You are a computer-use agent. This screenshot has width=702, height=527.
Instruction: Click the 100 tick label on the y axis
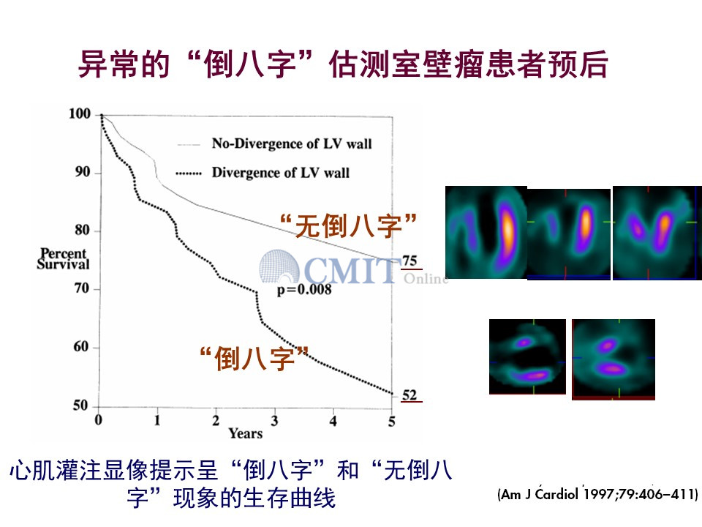79,114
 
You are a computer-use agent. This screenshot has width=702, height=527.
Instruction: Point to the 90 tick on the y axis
97,173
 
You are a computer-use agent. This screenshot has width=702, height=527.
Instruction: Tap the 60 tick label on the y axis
80,346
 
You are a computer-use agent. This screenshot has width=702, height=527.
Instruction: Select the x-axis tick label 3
274,421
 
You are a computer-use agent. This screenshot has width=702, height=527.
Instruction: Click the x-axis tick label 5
392,422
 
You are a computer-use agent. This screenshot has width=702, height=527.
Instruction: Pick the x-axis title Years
246,433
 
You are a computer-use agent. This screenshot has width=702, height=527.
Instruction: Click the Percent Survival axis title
63,259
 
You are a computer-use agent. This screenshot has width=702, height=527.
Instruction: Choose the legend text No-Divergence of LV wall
292,143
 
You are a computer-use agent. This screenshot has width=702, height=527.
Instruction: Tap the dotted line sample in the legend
189,173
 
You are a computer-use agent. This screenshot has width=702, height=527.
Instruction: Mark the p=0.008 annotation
304,290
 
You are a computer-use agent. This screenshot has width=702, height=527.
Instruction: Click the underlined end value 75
410,261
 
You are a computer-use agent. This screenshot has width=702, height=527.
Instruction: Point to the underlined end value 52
409,395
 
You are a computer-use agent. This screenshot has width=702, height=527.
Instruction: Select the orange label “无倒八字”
348,225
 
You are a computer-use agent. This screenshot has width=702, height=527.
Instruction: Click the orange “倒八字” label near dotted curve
254,358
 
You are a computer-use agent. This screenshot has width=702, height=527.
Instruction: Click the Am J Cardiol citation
597,494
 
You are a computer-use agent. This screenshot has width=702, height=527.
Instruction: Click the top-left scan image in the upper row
486,232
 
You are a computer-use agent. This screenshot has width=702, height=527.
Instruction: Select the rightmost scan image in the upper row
657,233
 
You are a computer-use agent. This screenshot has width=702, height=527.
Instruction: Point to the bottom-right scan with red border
614,359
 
